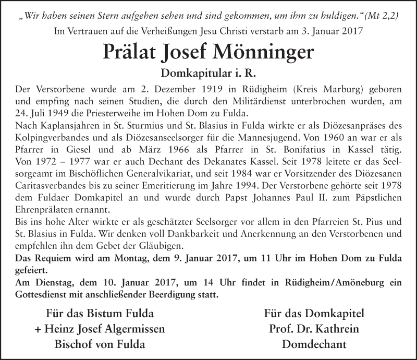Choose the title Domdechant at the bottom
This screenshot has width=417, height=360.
[313, 344]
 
